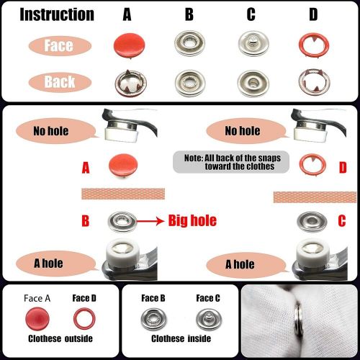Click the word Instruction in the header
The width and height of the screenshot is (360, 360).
(57, 14)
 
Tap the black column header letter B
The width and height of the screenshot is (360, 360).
(189, 14)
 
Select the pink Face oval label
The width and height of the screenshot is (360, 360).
(60, 45)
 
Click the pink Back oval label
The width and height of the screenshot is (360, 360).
(60, 82)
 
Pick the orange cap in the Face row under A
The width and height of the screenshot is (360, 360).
(130, 45)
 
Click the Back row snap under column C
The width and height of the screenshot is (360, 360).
(253, 84)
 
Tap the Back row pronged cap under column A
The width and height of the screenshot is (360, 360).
(130, 84)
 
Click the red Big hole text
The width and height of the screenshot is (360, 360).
(192, 220)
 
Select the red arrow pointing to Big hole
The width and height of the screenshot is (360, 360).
(150, 221)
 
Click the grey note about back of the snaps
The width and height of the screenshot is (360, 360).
(231, 162)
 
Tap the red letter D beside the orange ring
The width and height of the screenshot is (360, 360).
(343, 168)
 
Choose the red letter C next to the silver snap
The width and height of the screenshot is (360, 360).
(342, 221)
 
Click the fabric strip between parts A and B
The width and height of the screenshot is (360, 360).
(123, 194)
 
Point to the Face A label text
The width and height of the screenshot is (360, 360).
(37, 298)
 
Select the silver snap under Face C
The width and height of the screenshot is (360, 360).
(209, 319)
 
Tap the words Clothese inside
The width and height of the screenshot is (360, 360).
(181, 338)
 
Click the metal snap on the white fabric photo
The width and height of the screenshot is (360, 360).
(299, 319)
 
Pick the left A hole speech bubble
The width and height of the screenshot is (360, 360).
(56, 264)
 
